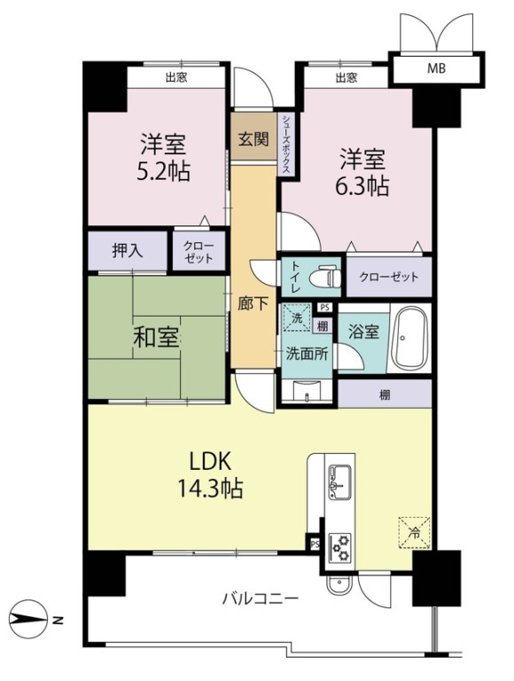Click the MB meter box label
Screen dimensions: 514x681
tap(436, 68)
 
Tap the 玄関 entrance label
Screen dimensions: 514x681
tap(253, 139)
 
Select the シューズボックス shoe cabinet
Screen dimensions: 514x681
tap(286, 145)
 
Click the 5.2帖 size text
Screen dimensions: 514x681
tap(163, 172)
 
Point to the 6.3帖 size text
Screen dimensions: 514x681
tap(362, 186)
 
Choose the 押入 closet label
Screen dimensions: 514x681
tap(128, 250)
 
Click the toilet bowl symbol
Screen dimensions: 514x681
tap(325, 277)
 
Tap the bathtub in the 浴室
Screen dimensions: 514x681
tap(409, 338)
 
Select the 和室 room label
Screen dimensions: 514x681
tap(156, 338)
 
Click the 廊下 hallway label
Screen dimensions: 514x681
tap(253, 303)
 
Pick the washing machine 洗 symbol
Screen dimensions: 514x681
tap(297, 317)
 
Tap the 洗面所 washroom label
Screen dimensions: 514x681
tap(307, 354)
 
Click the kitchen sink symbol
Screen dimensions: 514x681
tap(340, 481)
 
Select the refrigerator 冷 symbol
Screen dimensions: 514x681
tap(415, 533)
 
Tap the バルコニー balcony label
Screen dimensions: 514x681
tap(261, 599)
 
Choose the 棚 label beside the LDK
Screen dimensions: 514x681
tap(385, 395)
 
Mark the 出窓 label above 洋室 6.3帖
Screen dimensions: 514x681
tap(347, 77)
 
